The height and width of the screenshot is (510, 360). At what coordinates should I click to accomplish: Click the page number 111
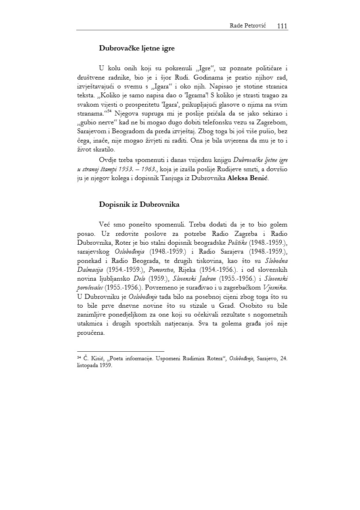[282, 26]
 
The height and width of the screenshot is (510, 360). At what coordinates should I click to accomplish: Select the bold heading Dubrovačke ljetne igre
[137, 48]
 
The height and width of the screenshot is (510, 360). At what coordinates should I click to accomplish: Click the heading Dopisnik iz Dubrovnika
[139, 204]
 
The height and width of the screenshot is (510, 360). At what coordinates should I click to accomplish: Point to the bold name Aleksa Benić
[248, 178]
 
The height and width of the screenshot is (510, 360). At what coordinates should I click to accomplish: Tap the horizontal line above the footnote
[120, 351]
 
